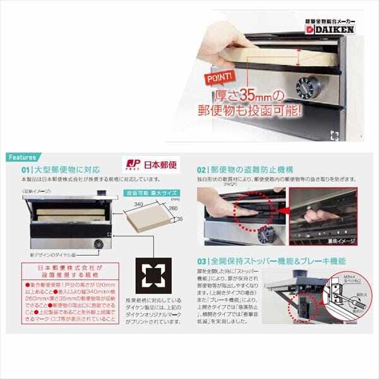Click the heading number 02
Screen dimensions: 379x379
tap(202, 170)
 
